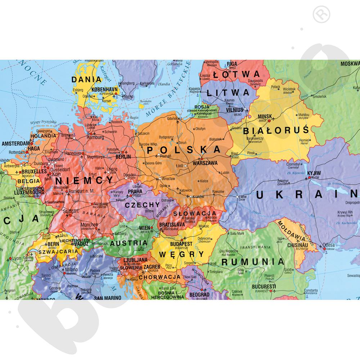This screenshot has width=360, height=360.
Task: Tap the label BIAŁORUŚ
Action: click(x=276, y=129)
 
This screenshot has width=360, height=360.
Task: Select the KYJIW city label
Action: click(x=314, y=174)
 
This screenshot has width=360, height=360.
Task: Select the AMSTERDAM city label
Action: click(x=15, y=143)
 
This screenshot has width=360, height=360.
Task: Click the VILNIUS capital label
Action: click(x=235, y=109)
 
